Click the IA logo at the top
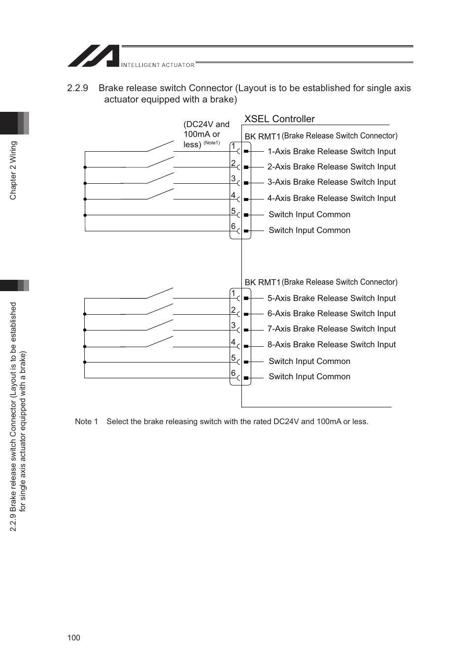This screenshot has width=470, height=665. click(x=94, y=56)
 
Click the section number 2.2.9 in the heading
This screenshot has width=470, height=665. click(x=77, y=88)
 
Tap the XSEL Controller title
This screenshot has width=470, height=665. click(x=279, y=119)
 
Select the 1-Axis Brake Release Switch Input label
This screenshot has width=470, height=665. click(x=331, y=152)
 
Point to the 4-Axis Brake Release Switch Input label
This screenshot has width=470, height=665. click(x=331, y=198)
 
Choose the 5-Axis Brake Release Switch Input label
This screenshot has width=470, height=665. click(x=331, y=298)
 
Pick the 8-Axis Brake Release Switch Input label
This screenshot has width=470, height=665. click(x=331, y=344)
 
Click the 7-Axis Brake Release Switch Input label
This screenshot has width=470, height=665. click(x=331, y=329)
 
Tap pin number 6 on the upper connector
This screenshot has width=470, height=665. click(x=234, y=226)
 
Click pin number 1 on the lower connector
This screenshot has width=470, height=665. click(x=234, y=293)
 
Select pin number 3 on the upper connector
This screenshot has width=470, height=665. click(x=234, y=178)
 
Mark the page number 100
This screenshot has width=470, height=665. click(x=73, y=637)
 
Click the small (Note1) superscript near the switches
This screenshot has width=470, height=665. click(x=212, y=143)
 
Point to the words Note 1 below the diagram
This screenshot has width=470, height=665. click(x=86, y=422)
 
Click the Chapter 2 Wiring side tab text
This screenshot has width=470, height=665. click(x=13, y=170)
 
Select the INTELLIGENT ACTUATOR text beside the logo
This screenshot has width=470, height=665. click(x=158, y=65)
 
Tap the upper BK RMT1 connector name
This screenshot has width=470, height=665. click(x=262, y=136)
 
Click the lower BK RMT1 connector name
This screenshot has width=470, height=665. click(x=262, y=282)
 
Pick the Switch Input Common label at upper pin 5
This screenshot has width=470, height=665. click(x=309, y=214)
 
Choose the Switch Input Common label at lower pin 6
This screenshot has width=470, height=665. click(x=309, y=376)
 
